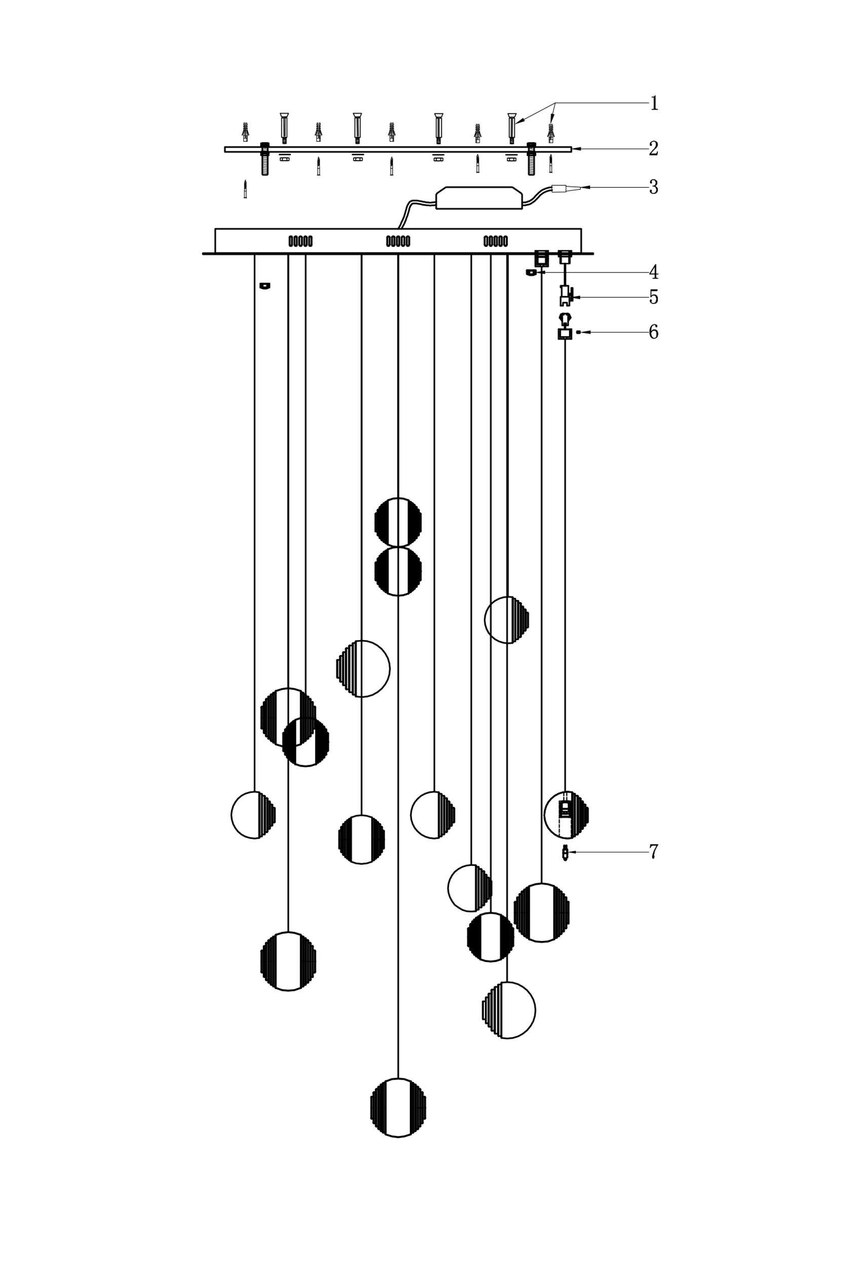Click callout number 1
(x=654, y=103)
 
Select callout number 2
(x=654, y=148)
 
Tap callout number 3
(x=654, y=187)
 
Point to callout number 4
(x=654, y=272)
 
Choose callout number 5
(x=654, y=297)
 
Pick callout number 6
(x=654, y=332)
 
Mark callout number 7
(x=654, y=852)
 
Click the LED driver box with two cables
(x=479, y=198)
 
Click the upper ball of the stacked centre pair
(x=398, y=522)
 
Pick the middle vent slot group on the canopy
(x=398, y=241)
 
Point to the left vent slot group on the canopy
(x=300, y=241)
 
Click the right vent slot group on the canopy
(x=495, y=241)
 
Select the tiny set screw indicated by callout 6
(x=579, y=333)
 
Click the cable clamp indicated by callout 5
(x=565, y=295)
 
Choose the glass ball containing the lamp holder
(x=566, y=815)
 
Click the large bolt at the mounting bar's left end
(x=265, y=159)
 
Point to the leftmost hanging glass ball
(x=253, y=815)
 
